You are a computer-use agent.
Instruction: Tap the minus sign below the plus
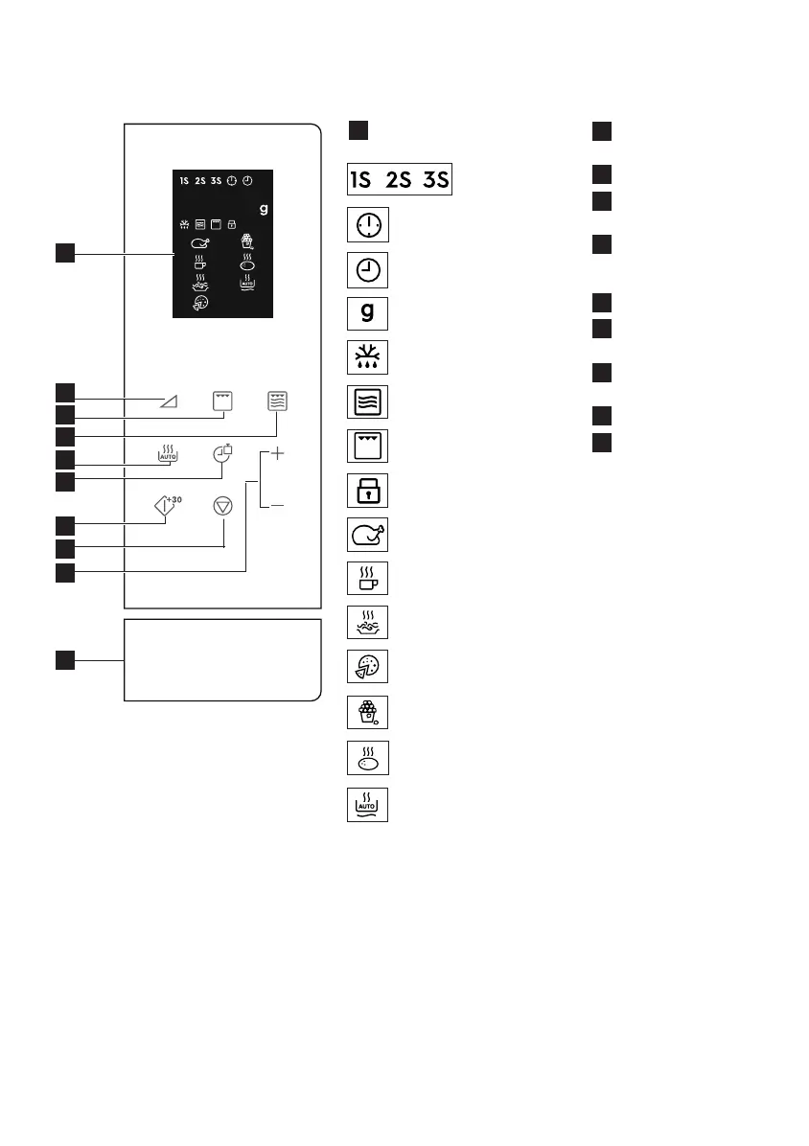pos(278,504)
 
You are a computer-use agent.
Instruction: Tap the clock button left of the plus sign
pos(223,453)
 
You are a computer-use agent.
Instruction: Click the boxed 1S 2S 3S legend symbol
pos(399,179)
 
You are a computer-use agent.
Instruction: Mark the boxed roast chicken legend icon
pos(367,537)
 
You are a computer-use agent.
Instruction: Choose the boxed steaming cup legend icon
pos(367,582)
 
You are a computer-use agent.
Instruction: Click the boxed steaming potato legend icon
pos(367,759)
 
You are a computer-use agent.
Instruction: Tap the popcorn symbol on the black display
pos(245,242)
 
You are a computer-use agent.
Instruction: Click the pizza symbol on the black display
pos(200,302)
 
